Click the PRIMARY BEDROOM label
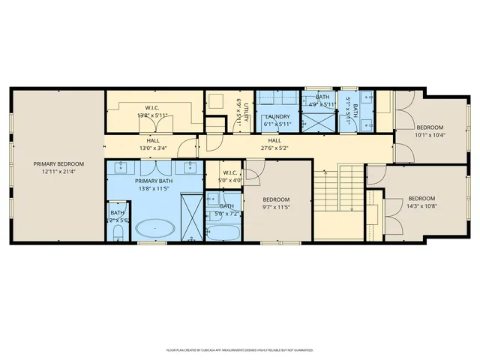pyautogui.click(x=58, y=163)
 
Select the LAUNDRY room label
pyautogui.click(x=277, y=116)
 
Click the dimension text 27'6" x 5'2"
pyautogui.click(x=274, y=148)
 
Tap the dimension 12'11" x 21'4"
pyautogui.click(x=58, y=172)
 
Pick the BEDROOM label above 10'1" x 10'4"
pyautogui.click(x=430, y=127)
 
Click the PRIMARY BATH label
pyautogui.click(x=154, y=181)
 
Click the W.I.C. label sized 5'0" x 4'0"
pyautogui.click(x=230, y=172)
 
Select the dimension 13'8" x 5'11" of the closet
pyautogui.click(x=153, y=116)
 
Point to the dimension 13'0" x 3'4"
pyautogui.click(x=153, y=148)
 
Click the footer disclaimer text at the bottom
pyautogui.click(x=240, y=349)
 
